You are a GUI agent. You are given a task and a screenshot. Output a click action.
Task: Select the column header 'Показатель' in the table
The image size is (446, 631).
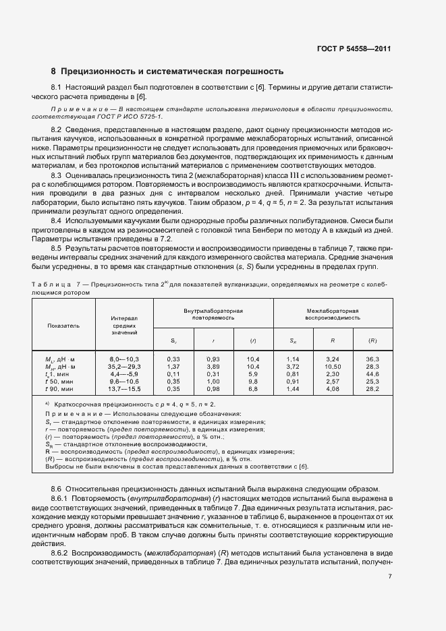tap(63, 324)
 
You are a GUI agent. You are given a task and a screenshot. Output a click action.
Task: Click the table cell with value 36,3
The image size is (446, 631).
tap(372, 359)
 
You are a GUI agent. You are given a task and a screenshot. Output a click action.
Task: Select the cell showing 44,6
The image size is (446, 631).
tap(372, 373)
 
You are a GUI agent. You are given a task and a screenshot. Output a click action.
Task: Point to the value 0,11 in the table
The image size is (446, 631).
tap(173, 373)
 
